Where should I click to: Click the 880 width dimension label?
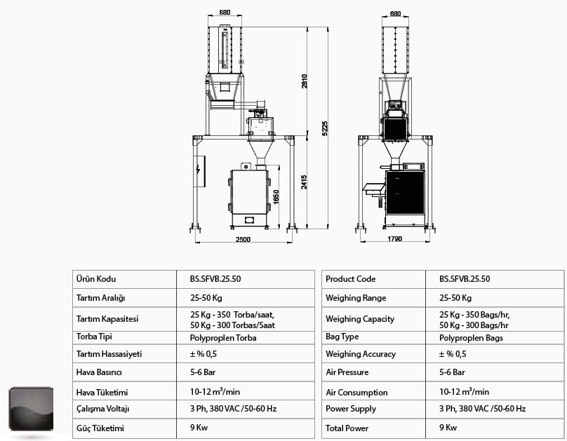225,13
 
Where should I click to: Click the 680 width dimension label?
395,14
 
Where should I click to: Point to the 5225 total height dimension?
325,128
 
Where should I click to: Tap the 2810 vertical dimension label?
305,81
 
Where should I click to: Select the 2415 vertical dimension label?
304,182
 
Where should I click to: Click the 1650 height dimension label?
276,197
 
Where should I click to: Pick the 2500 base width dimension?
243,240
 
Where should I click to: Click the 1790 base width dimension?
394,239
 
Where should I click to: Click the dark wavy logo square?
31,409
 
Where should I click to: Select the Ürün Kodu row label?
96,279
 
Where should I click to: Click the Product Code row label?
350,279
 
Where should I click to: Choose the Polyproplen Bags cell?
471,338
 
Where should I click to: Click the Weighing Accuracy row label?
361,354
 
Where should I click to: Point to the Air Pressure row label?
347,372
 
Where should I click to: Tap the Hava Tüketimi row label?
102,392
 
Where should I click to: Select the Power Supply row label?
351,409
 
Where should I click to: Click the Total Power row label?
347,428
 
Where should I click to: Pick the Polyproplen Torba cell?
223,338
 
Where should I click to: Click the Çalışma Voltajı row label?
102,409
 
